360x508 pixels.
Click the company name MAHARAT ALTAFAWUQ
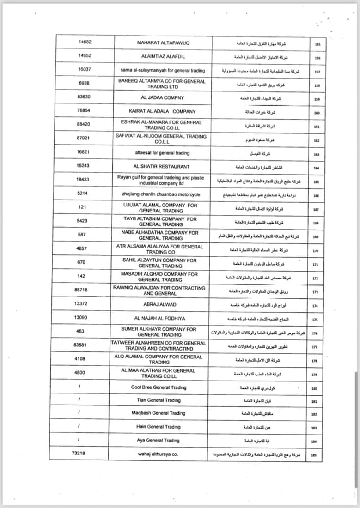point(163,42)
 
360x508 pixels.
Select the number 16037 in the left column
point(83,70)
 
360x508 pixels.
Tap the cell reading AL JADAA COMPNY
point(162,97)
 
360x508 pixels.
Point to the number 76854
point(83,111)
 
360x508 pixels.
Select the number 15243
point(83,166)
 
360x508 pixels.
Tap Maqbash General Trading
point(159,413)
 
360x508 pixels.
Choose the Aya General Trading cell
point(158,441)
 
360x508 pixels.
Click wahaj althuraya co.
point(158,454)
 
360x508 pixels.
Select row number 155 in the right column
point(317,45)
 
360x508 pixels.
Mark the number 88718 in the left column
point(83,290)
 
